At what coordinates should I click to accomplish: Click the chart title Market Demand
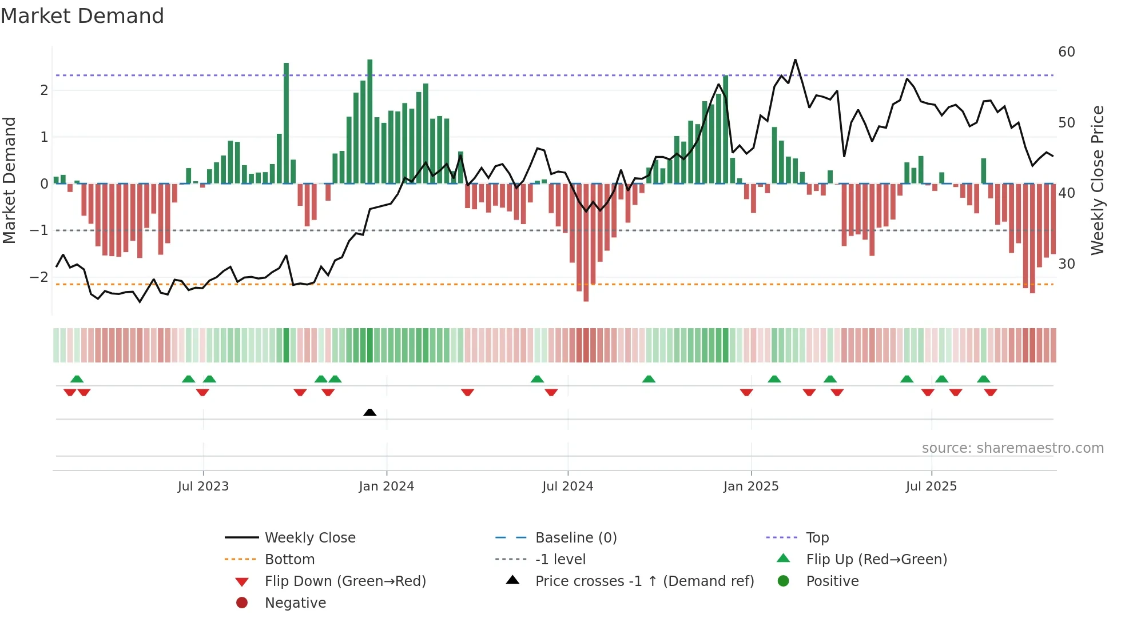(82, 16)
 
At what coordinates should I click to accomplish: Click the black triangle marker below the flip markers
(370, 412)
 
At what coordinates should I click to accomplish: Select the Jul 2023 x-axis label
(203, 487)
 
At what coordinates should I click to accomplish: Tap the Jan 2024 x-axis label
(387, 487)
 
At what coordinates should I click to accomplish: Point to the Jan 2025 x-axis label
(751, 487)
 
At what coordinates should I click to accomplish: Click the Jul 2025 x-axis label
(931, 487)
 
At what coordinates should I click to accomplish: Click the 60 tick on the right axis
(1067, 52)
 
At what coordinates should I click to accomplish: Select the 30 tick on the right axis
(1067, 264)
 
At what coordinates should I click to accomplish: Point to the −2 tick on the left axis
(39, 277)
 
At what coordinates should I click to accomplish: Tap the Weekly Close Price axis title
(1098, 180)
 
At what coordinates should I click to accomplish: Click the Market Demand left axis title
(9, 180)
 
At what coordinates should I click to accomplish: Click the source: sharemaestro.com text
(1012, 448)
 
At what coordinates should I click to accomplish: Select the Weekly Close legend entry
(310, 538)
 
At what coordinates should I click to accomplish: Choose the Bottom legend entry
(289, 560)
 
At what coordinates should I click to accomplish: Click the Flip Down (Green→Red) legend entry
(345, 581)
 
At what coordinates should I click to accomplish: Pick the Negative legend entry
(295, 603)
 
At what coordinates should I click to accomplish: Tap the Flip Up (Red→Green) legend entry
(876, 560)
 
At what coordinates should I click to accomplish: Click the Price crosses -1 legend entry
(645, 581)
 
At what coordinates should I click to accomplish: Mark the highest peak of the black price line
(795, 59)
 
